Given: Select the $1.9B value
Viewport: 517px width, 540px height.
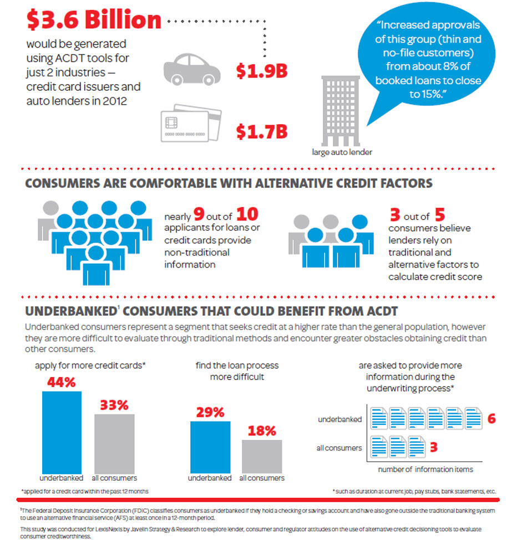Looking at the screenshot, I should pos(261,71).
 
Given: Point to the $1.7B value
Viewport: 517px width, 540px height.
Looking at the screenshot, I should pos(261,131).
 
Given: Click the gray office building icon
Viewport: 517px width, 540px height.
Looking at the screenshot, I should pos(341,109).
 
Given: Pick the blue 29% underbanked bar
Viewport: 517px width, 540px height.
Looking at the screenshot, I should pos(210,446).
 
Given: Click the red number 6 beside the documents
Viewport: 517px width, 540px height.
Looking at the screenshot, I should pos(491,419).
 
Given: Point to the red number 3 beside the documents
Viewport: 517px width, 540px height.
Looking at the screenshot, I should pos(435,447).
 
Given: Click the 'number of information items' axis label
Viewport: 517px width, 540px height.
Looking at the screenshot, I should pos(425,470).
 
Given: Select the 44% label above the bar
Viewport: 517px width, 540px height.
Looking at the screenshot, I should pos(62,383).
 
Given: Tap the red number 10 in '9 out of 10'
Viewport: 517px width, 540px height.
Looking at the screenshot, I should pos(247,215).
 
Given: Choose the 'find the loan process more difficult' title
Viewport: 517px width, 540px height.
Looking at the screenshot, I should pos(237,371).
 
